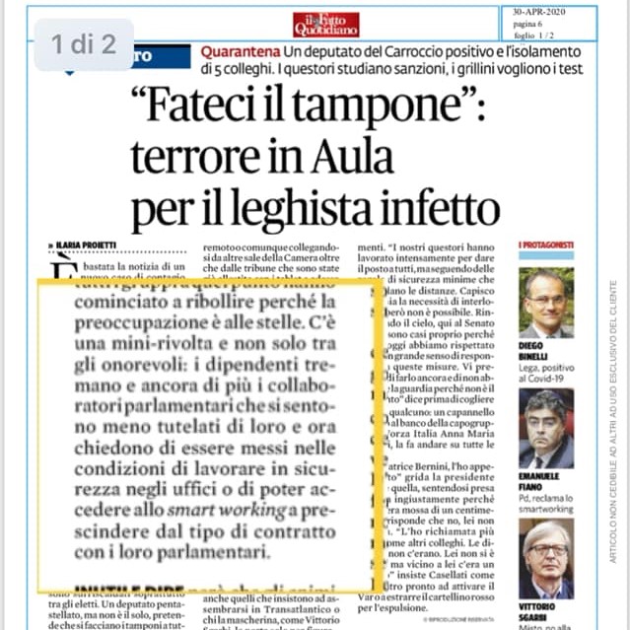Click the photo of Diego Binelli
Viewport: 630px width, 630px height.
545,303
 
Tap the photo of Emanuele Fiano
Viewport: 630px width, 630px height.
545,427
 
